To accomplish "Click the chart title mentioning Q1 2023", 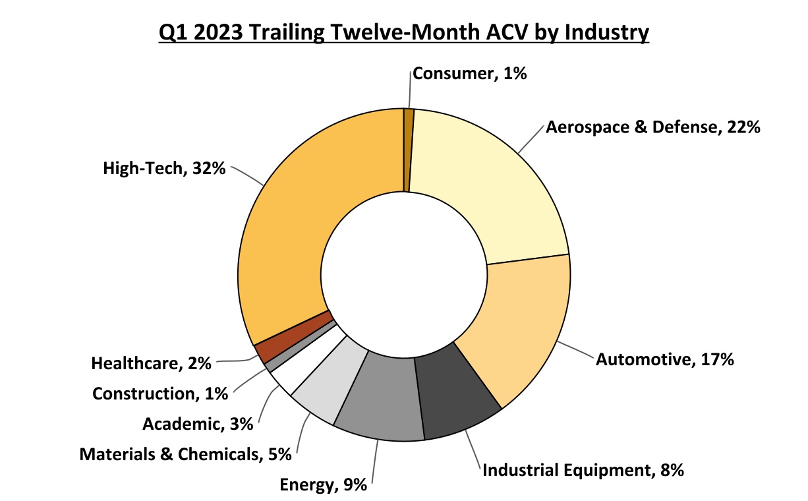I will tap(403, 32).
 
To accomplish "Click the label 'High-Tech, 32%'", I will tap(164, 169).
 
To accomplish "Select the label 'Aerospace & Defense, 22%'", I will tap(653, 127).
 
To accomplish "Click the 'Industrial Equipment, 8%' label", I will tap(583, 470).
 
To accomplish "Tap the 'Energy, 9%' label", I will tap(323, 486).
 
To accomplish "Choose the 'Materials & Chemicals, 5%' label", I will tap(186, 454).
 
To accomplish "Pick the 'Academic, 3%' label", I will tap(198, 424).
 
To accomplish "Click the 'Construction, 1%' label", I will tap(160, 394).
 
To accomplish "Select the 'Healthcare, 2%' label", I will tap(151, 363).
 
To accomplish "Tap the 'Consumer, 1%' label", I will tap(469, 74).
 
